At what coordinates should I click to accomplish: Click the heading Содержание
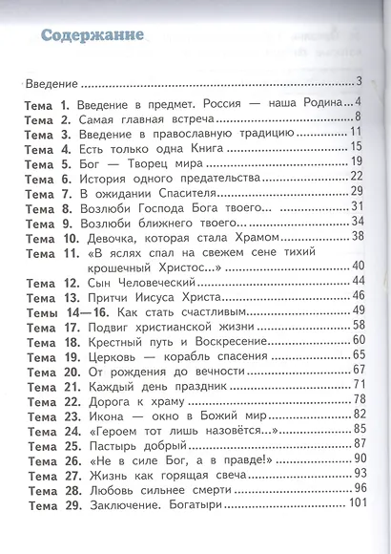tap(92, 35)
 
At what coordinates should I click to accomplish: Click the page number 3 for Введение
tap(360, 80)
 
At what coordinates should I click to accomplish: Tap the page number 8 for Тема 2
tap(357, 118)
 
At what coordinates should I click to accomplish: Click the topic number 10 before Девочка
tap(72, 236)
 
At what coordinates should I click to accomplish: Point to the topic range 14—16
tap(82, 311)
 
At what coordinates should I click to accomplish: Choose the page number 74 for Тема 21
tap(360, 384)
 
